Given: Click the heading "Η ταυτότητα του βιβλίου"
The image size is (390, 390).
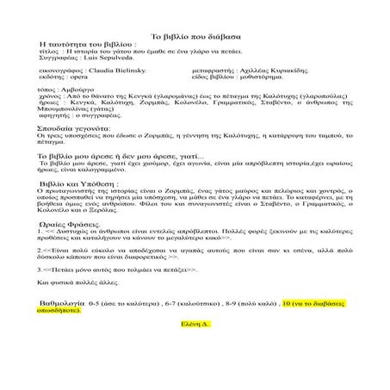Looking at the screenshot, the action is tap(88, 41).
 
